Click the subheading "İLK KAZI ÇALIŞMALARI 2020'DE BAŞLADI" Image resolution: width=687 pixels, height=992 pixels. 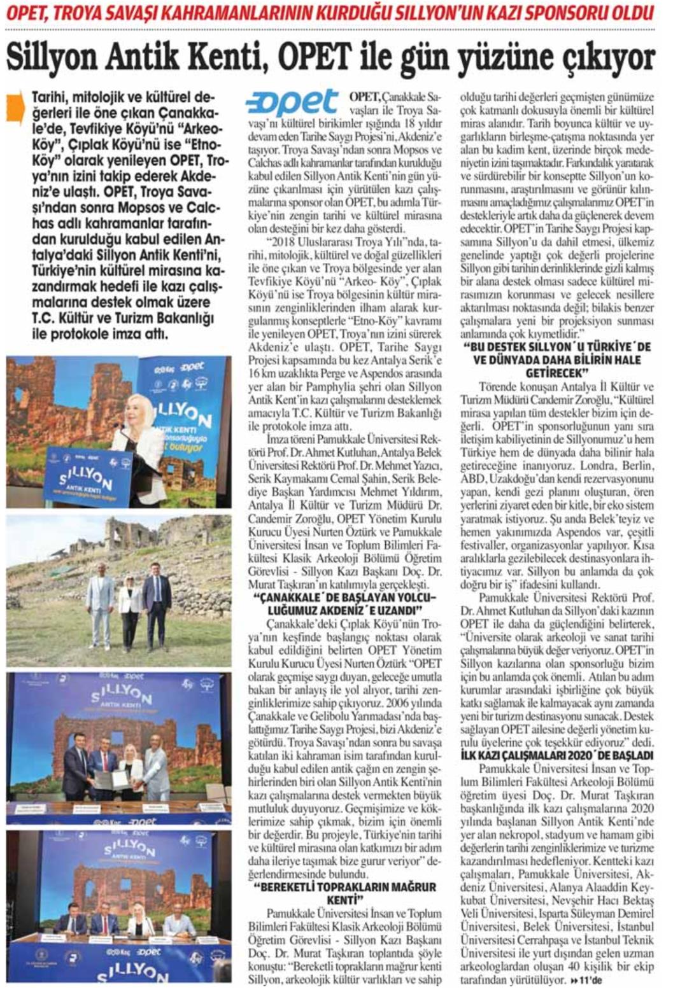556,755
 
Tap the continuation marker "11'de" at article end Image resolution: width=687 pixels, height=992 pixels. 586,980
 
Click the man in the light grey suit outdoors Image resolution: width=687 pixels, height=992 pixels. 100,598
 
